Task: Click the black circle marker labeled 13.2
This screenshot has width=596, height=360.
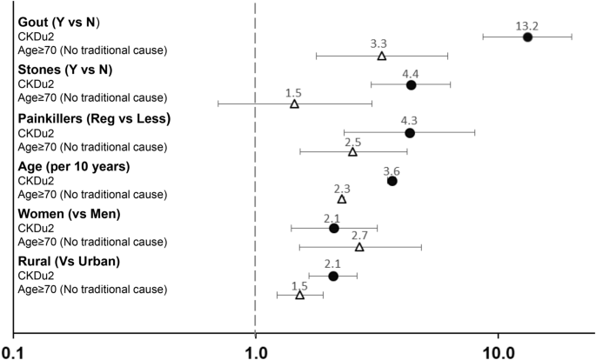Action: pyautogui.click(x=527, y=37)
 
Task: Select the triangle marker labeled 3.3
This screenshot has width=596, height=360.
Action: pyautogui.click(x=382, y=56)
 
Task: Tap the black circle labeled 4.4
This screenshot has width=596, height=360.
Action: pyautogui.click(x=411, y=85)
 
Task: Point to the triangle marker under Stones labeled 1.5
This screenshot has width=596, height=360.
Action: pyautogui.click(x=294, y=104)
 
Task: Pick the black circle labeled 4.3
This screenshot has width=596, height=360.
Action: pyautogui.click(x=410, y=133)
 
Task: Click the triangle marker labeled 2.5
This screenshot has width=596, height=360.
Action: pyautogui.click(x=352, y=152)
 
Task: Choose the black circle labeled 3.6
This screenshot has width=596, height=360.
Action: pyautogui.click(x=392, y=181)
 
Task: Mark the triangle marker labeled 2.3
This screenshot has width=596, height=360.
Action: pyautogui.click(x=342, y=199)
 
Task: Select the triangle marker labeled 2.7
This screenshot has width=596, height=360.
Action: pyautogui.click(x=359, y=247)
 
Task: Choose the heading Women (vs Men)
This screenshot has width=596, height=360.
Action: pyautogui.click(x=69, y=214)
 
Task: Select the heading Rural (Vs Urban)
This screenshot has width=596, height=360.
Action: pyautogui.click(x=69, y=261)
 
